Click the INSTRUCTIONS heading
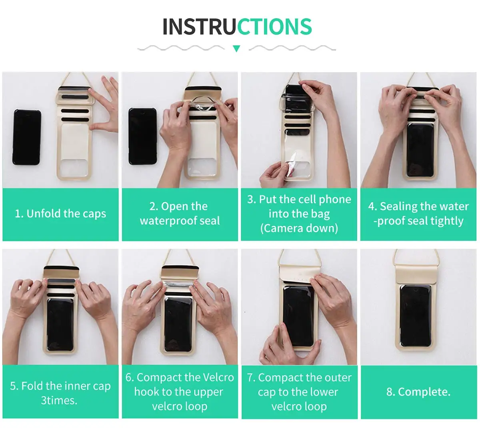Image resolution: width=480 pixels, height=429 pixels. (237, 26)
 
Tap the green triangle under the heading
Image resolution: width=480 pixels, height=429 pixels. (236, 48)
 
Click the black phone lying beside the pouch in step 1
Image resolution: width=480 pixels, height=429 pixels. (26, 137)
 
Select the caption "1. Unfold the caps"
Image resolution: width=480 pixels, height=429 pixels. (60, 214)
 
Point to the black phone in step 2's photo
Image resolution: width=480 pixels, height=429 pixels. (142, 136)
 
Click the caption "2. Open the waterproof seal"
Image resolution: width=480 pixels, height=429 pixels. (180, 213)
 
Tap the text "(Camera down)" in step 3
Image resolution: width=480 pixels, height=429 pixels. (299, 228)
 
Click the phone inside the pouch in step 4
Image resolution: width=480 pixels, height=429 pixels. (420, 150)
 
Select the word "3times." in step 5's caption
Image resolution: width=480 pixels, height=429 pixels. (59, 400)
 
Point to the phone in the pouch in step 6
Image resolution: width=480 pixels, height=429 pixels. (178, 325)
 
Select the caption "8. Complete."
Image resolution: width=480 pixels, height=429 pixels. (418, 392)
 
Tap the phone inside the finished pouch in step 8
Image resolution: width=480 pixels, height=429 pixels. (415, 316)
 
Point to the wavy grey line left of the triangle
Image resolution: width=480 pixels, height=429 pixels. (181, 48)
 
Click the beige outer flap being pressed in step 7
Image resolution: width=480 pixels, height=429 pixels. (299, 274)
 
